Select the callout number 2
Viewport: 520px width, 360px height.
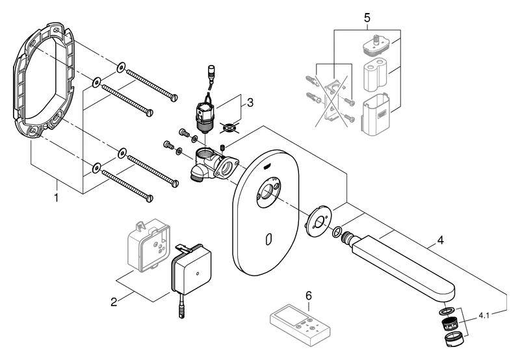[x=114, y=302]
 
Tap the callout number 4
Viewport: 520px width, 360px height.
[x=440, y=240]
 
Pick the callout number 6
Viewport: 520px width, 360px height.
[x=309, y=296]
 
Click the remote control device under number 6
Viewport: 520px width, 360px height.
[x=301, y=324]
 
